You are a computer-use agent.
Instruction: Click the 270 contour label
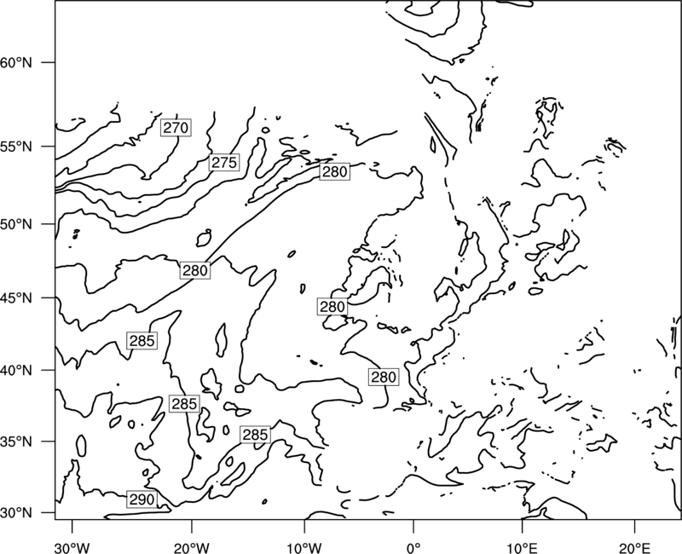(176, 127)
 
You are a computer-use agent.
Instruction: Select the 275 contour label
(224, 162)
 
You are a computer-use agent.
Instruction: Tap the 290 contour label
(142, 499)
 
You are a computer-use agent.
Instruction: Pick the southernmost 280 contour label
(384, 377)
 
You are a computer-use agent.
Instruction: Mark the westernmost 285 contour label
(142, 340)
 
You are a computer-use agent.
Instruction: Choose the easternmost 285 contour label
(255, 435)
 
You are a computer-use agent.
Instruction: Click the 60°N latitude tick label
(16, 62)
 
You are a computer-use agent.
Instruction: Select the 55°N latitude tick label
(16, 147)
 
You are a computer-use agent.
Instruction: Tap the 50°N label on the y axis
(16, 224)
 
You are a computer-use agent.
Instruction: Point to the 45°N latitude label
(16, 298)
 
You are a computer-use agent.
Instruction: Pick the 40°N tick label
(16, 371)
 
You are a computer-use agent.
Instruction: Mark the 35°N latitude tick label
(16, 441)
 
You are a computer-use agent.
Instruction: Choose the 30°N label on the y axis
(16, 513)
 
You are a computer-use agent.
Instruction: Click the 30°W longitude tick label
(72, 548)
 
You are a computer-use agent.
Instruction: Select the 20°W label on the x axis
(192, 548)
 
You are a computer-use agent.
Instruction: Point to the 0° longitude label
(413, 548)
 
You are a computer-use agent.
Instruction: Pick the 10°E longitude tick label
(522, 548)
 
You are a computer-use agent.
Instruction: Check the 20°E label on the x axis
(634, 548)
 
